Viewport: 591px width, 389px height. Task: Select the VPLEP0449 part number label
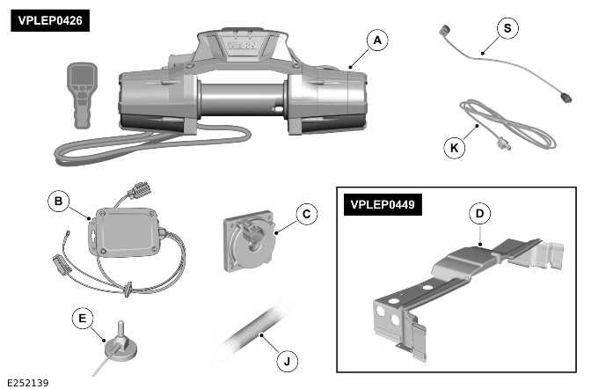(383, 204)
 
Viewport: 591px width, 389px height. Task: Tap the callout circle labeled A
(376, 40)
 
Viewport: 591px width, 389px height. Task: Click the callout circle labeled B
(58, 202)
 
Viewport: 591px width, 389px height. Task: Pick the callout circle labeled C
(304, 213)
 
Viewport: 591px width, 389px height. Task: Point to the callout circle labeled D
(478, 213)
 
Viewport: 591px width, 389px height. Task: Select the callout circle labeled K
(455, 147)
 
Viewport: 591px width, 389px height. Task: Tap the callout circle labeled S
(507, 28)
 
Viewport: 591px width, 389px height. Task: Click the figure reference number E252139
(26, 381)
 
